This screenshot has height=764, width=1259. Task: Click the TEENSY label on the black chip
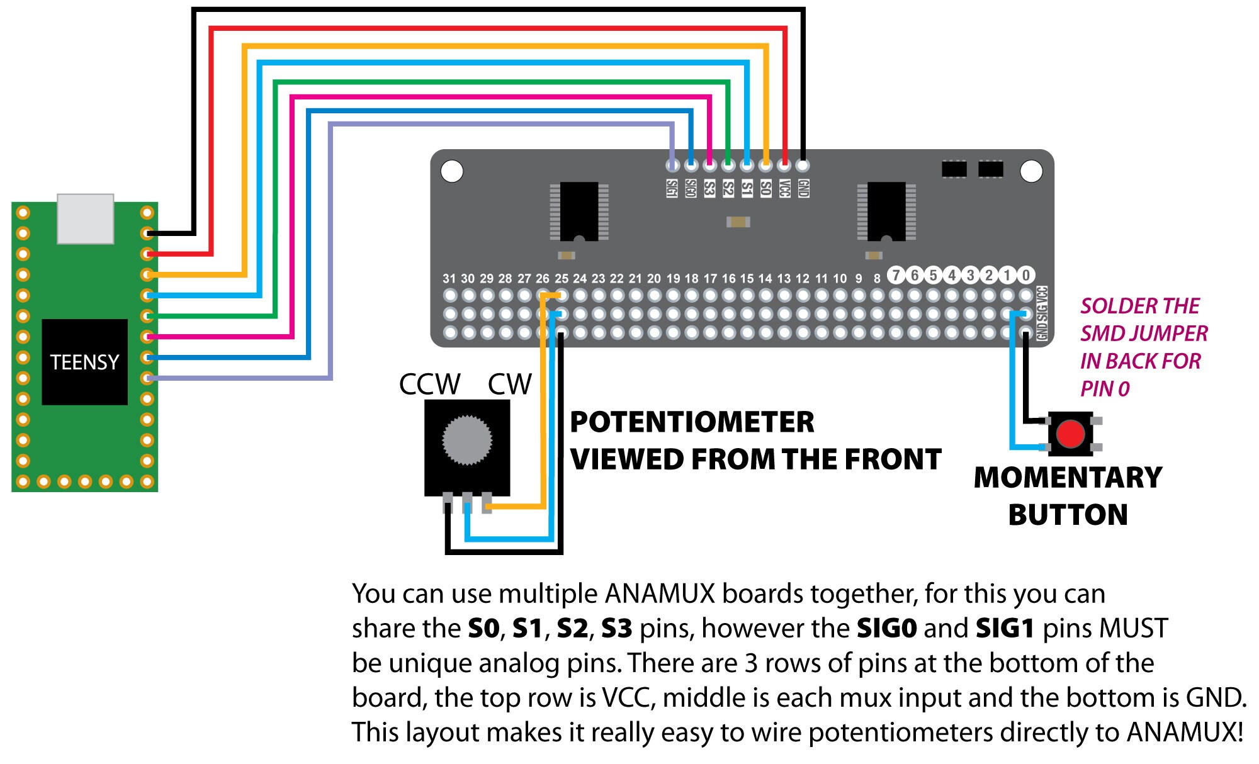pyautogui.click(x=84, y=362)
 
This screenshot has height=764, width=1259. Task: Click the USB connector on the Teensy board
pyautogui.click(x=86, y=218)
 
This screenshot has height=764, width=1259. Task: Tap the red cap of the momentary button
pyautogui.click(x=1070, y=434)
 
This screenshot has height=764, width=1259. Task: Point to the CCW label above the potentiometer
pyautogui.click(x=429, y=385)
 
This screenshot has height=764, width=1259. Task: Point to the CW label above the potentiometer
pyautogui.click(x=509, y=385)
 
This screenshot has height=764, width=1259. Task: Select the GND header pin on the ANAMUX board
pyautogui.click(x=803, y=166)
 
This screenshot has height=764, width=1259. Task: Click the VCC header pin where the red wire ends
pyautogui.click(x=784, y=166)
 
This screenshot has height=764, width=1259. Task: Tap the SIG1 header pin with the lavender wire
pyautogui.click(x=673, y=166)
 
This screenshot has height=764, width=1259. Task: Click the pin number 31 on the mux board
pyautogui.click(x=449, y=278)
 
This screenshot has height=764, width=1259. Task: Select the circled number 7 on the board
pyautogui.click(x=896, y=275)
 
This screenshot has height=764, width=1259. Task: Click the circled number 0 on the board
pyautogui.click(x=1026, y=275)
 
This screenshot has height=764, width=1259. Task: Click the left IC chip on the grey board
pyautogui.click(x=579, y=211)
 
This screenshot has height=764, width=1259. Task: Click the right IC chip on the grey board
pyautogui.click(x=886, y=211)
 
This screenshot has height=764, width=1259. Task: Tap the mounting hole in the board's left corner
pyautogui.click(x=452, y=171)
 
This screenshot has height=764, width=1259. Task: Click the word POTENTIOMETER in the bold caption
pyautogui.click(x=692, y=422)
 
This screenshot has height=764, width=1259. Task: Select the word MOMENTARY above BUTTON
pyautogui.click(x=1068, y=478)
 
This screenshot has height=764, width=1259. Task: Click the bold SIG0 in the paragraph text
pyautogui.click(x=886, y=629)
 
